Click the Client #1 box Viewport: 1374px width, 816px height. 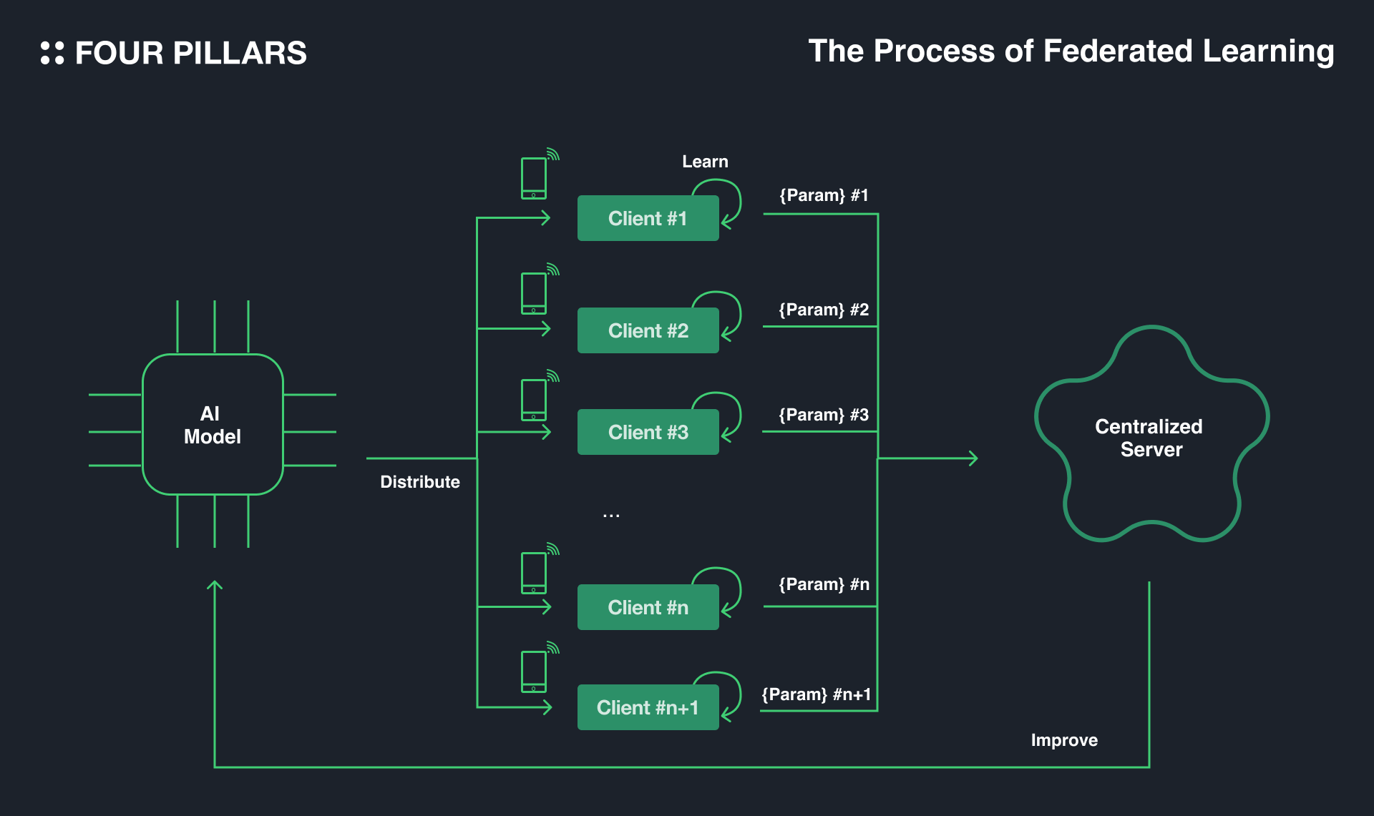pyautogui.click(x=648, y=218)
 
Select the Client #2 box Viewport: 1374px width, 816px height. pyautogui.click(x=648, y=330)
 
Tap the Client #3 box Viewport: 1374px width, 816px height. pyautogui.click(x=648, y=432)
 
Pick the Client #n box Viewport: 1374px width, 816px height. pyautogui.click(x=648, y=607)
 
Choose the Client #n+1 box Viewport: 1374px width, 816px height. pyautogui.click(x=648, y=707)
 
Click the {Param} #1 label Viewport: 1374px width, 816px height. pyautogui.click(x=824, y=195)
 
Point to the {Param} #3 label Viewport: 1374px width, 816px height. pyautogui.click(x=824, y=415)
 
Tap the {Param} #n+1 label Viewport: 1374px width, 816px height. pyautogui.click(x=817, y=694)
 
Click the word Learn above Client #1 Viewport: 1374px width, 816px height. pyautogui.click(x=705, y=162)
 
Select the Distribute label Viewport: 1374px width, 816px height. pyautogui.click(x=420, y=482)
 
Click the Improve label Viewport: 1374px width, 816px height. pyautogui.click(x=1064, y=740)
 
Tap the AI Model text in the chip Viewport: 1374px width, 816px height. pyautogui.click(x=212, y=425)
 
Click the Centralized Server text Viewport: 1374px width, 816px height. pyautogui.click(x=1149, y=438)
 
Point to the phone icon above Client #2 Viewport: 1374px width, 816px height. pyautogui.click(x=534, y=293)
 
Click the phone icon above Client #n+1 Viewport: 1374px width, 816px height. pyautogui.click(x=534, y=672)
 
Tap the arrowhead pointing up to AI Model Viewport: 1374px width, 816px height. pyautogui.click(x=215, y=585)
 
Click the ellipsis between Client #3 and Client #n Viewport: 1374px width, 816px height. pyautogui.click(x=611, y=515)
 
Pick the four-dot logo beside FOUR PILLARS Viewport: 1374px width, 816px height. pyautogui.click(x=52, y=53)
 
